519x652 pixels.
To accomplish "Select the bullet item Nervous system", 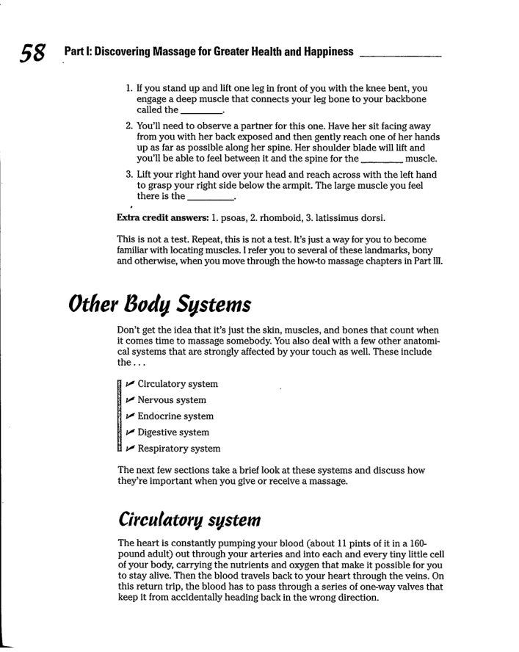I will click(171, 400).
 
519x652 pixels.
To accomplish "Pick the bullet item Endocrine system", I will click(175, 416).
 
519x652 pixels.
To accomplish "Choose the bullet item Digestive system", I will click(173, 432).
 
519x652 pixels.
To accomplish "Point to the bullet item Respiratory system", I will click(178, 449).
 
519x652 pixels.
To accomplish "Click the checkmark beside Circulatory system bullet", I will click(130, 384).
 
